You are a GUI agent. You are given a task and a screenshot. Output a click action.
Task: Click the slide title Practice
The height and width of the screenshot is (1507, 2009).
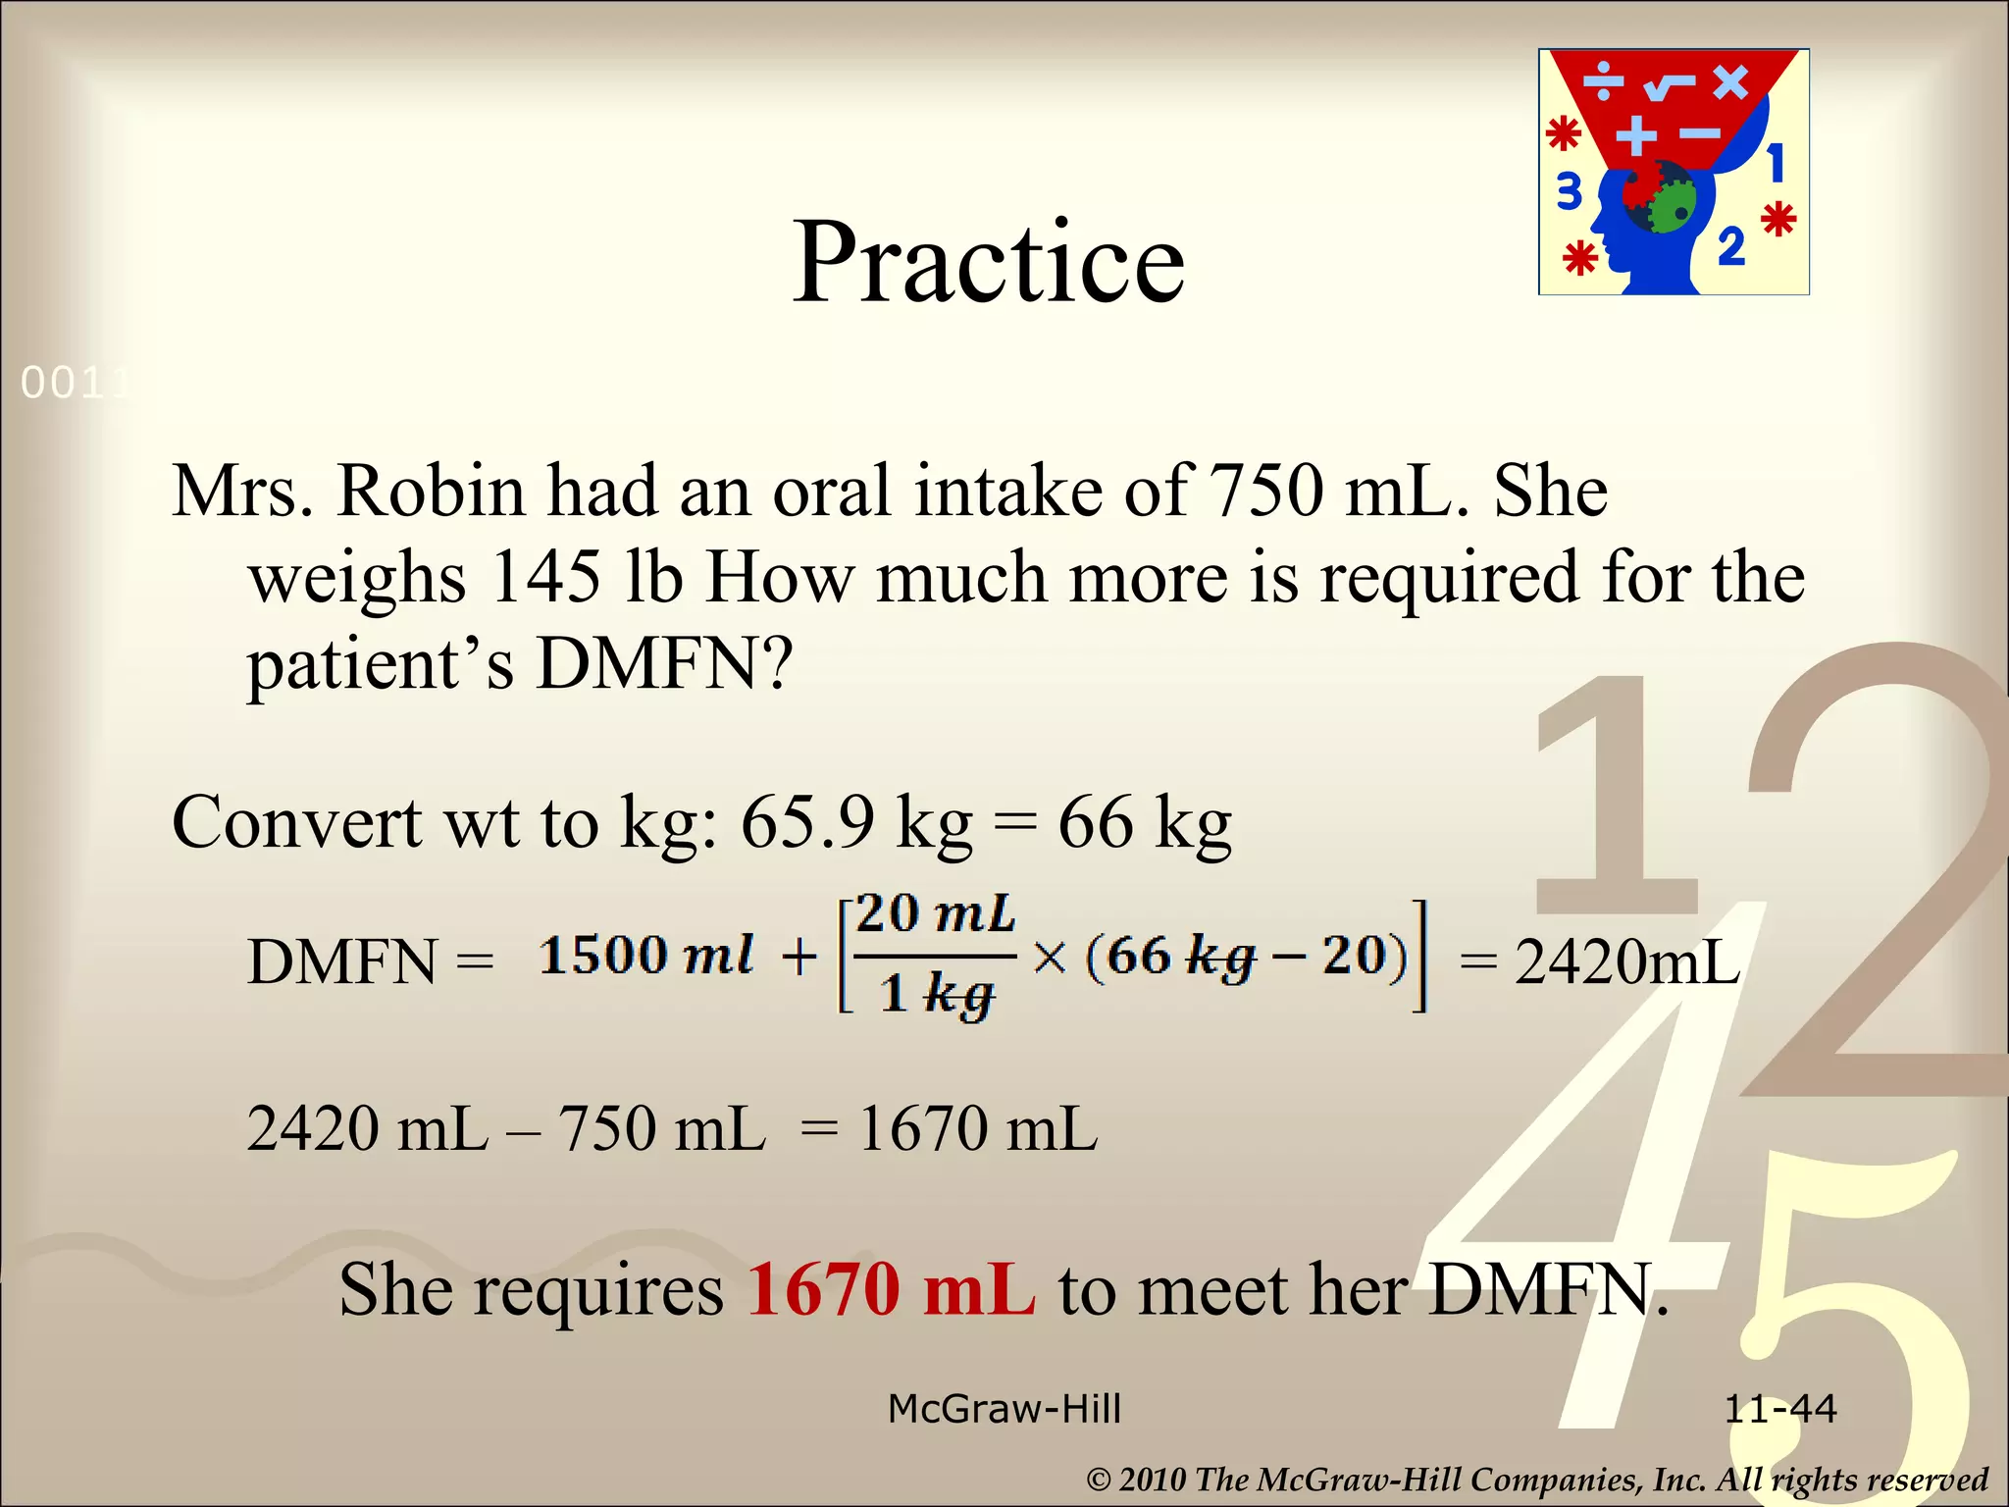988,263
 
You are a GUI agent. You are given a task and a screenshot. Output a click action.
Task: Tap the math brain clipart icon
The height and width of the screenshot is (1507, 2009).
1674,172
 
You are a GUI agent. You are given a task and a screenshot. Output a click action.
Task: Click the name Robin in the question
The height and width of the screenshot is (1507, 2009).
431,490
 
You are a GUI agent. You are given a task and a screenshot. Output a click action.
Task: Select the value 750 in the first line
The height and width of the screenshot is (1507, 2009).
1265,490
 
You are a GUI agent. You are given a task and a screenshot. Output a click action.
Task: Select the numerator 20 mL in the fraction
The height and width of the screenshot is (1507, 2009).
935,914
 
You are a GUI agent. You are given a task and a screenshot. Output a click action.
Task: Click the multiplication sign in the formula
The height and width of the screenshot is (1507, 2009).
1049,957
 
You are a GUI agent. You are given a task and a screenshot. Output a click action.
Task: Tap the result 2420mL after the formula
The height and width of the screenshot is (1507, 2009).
1626,961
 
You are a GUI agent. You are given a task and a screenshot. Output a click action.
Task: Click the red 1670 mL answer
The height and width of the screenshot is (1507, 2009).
891,1288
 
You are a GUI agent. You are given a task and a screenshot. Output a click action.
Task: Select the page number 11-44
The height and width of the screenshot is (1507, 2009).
1779,1410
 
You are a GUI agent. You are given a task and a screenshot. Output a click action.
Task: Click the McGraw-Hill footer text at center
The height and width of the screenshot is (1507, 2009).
1004,1410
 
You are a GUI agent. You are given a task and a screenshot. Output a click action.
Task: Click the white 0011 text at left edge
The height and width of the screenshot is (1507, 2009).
74,384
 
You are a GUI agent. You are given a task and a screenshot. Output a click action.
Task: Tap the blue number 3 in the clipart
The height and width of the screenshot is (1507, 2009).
1570,191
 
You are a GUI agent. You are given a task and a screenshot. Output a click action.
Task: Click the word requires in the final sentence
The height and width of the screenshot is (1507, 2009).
599,1290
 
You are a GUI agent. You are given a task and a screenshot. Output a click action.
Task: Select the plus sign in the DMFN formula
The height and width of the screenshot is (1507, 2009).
798,957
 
